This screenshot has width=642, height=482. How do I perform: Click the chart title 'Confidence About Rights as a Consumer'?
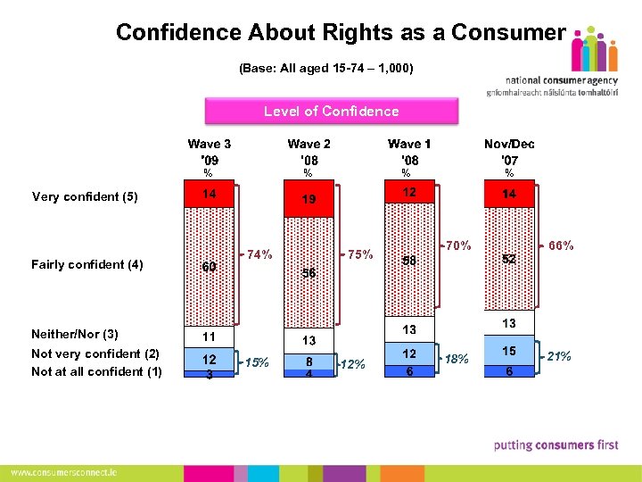(340, 33)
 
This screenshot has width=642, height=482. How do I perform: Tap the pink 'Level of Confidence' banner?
(331, 112)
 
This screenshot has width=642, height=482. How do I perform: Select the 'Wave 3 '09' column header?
(210, 152)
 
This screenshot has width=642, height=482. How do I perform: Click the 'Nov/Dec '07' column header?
(509, 152)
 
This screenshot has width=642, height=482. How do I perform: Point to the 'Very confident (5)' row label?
(85, 197)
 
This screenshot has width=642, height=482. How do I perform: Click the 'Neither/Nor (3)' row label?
(75, 334)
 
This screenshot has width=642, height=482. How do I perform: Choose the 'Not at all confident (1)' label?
(96, 371)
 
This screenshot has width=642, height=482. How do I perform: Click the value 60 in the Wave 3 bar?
(209, 267)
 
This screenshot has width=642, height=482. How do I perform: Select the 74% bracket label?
(259, 253)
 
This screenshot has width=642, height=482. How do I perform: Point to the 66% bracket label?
(561, 245)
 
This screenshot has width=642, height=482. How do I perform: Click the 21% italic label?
(560, 357)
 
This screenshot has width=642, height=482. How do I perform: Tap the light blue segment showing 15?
(508, 352)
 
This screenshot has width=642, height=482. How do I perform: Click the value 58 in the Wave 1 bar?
(409, 261)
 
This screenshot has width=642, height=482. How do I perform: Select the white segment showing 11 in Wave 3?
(209, 337)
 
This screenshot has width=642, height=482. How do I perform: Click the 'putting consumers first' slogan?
(556, 445)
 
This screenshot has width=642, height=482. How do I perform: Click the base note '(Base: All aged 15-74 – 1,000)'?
(325, 68)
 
